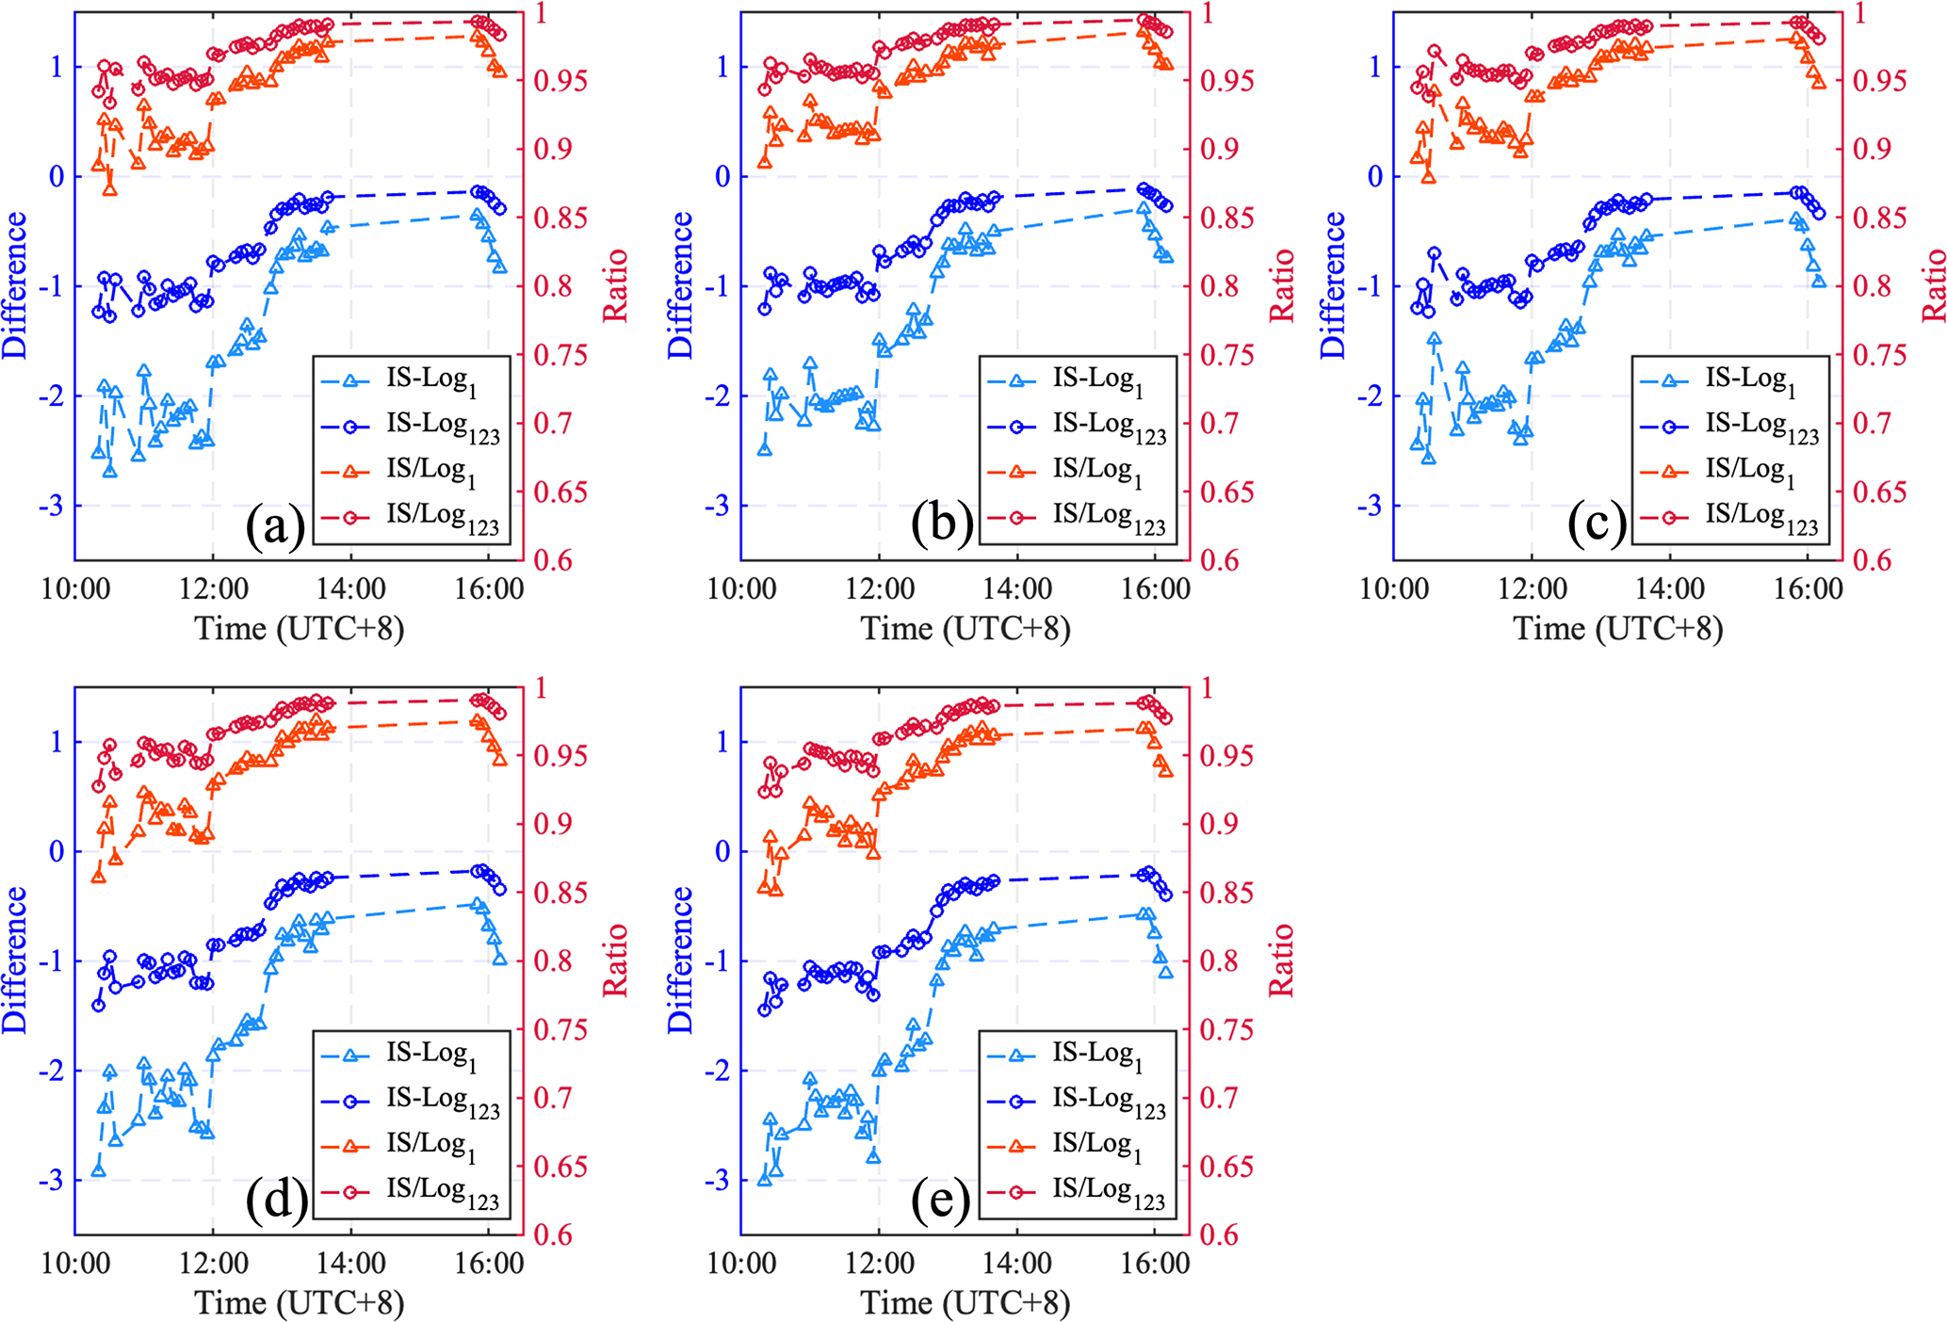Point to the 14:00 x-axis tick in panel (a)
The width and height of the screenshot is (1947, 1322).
click(350, 589)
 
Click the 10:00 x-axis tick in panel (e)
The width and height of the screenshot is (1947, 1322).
click(742, 1264)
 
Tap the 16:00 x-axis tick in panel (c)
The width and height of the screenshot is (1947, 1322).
click(1808, 589)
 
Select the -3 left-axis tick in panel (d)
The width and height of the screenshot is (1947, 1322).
click(51, 1181)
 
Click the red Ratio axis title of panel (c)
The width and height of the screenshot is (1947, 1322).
click(1934, 285)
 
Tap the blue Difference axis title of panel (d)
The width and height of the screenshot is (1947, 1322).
click(15, 960)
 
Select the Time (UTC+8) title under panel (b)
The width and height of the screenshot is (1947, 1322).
click(965, 628)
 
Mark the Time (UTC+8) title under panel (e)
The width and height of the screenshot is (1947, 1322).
click(965, 1303)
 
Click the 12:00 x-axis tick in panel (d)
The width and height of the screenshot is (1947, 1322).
click(213, 1264)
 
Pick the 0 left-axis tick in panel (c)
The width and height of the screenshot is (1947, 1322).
click(1374, 176)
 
